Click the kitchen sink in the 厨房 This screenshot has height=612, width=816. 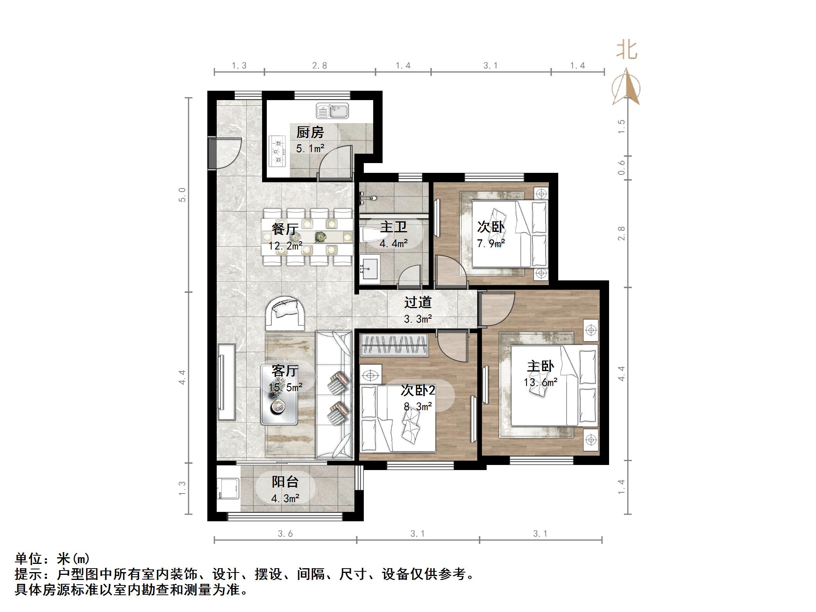tap(332, 111)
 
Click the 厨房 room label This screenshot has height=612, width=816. tap(310, 133)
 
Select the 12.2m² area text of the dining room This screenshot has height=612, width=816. tap(285, 246)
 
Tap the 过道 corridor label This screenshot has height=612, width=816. tap(418, 302)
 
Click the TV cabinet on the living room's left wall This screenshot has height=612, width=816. tap(226, 382)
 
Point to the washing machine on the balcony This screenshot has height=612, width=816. tap(228, 488)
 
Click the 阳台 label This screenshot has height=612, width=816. tap(285, 482)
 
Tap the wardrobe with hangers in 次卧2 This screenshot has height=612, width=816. tap(394, 345)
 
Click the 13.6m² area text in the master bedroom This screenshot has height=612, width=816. tap(540, 382)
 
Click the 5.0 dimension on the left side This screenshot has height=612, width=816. tap(182, 195)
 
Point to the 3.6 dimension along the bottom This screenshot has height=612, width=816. tap(285, 533)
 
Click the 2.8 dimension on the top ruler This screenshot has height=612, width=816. tap(320, 66)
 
